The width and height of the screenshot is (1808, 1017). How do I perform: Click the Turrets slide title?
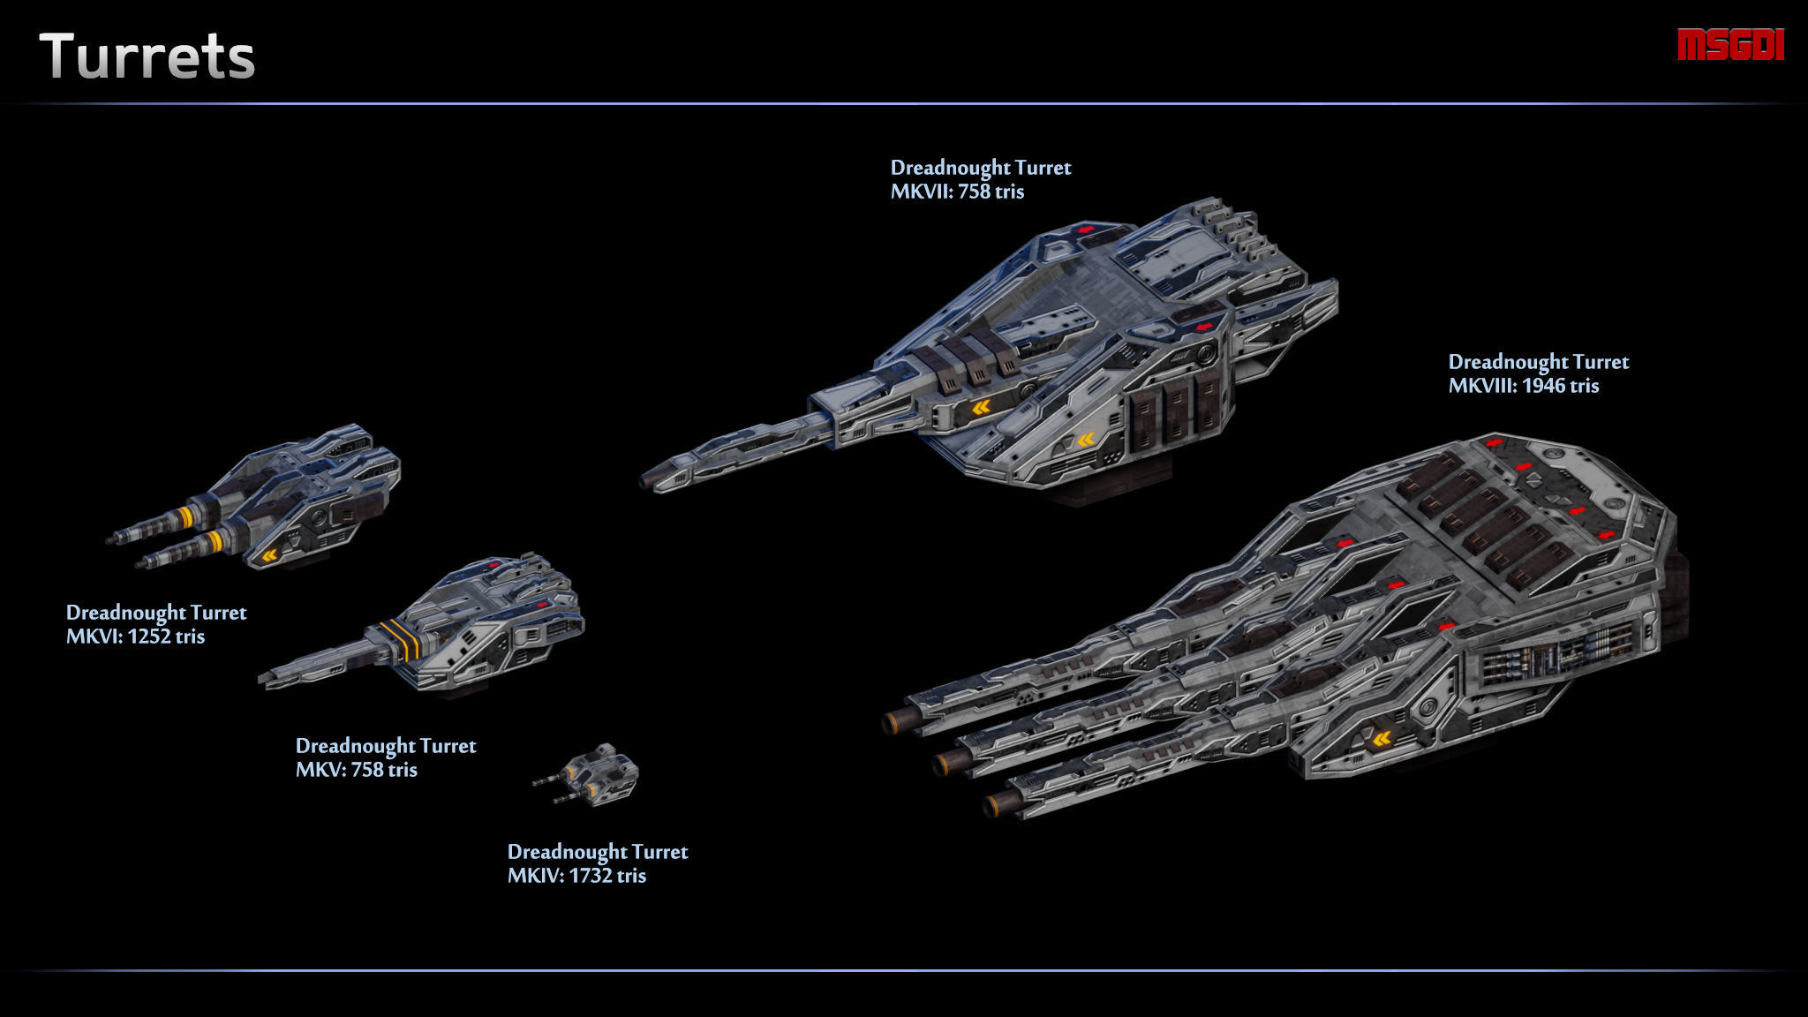[x=147, y=57]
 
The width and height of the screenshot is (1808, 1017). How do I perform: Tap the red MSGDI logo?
[x=1730, y=45]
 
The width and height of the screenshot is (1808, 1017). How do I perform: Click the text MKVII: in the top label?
[x=921, y=192]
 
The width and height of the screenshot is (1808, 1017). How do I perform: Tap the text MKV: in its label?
[x=320, y=770]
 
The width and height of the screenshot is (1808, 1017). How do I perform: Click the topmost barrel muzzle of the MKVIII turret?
[x=893, y=723]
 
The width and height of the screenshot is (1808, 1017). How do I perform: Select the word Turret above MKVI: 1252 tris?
[x=218, y=613]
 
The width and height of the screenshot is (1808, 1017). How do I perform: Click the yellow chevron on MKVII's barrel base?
[x=980, y=407]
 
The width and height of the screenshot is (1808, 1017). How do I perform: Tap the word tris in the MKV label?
[x=402, y=770]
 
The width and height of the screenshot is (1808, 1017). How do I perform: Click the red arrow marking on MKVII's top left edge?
[x=1086, y=230]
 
